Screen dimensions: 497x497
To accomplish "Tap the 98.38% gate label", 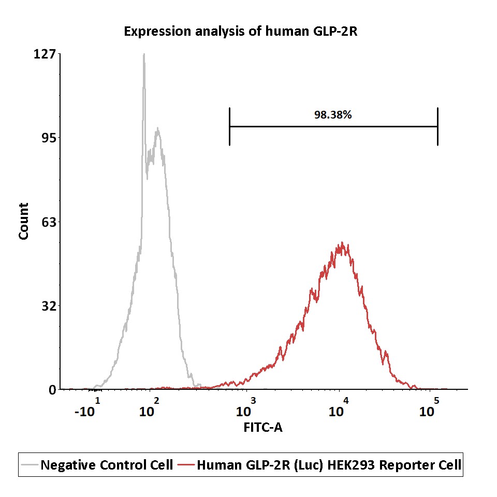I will click(x=333, y=115).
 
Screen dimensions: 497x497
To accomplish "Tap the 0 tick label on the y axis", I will click(x=52, y=390).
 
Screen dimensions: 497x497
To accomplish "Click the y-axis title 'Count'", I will click(x=24, y=222).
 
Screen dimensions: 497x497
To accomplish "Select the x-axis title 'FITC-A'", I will click(x=262, y=428).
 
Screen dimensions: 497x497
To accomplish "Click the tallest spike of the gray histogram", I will click(x=143, y=55).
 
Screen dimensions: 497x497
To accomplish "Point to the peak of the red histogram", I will click(x=341, y=243).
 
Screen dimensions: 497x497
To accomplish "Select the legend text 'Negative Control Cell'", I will click(x=107, y=465).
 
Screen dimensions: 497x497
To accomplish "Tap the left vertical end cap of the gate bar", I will click(x=229, y=126).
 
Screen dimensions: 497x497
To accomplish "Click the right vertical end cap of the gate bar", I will click(x=437, y=126).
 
